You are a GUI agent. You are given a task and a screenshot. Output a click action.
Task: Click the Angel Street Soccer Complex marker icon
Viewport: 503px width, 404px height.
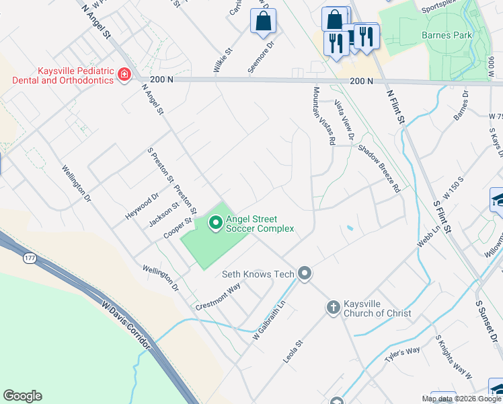tap(215, 222)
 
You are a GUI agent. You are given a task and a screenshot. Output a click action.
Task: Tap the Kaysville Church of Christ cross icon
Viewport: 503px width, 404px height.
tap(332, 308)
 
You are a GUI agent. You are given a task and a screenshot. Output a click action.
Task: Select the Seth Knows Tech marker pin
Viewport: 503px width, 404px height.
tap(305, 273)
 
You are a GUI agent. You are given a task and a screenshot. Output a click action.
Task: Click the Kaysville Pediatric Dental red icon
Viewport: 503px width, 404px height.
tap(124, 74)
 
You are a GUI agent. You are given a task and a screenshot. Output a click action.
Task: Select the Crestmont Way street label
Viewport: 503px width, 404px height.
tap(219, 296)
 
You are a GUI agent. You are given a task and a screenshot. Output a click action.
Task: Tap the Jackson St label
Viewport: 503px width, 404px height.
tap(164, 214)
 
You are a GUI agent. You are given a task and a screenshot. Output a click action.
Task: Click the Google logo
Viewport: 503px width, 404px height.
tap(22, 396)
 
